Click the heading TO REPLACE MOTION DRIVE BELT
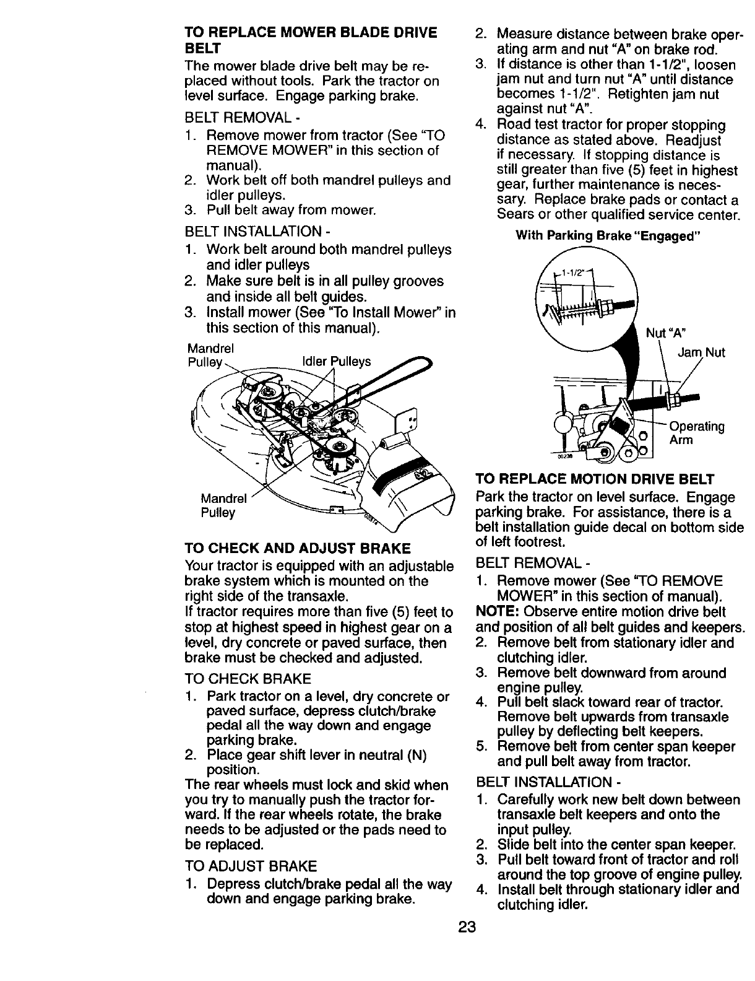point(594,479)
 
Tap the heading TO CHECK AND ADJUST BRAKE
point(297,548)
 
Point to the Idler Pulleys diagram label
point(336,361)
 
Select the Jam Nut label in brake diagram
point(701,352)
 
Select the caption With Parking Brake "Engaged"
point(608,235)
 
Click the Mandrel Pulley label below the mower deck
point(223,505)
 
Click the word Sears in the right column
point(514,215)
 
